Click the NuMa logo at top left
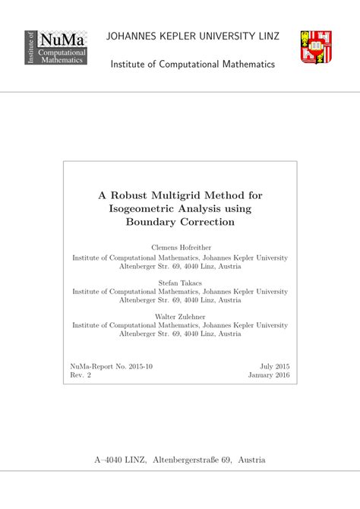point(56,47)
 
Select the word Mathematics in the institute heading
point(243,65)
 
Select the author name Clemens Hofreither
point(180,248)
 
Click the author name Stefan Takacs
point(180,283)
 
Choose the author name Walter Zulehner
point(180,316)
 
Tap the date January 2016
point(268,375)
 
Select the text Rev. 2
point(81,375)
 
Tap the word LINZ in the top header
point(267,36)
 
